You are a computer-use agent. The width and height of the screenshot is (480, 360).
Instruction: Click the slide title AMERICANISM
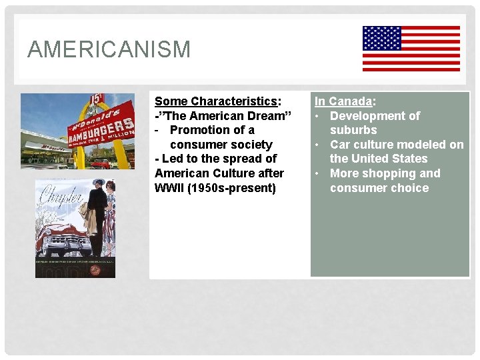click(109, 49)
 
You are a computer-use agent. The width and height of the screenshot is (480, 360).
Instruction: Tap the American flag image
click(411, 48)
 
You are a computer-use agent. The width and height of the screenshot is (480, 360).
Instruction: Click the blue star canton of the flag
click(382, 39)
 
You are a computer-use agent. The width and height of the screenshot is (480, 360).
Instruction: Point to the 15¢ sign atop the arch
click(96, 99)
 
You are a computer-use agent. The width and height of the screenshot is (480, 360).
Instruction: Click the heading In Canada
click(344, 101)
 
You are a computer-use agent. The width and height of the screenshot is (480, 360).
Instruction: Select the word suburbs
click(353, 130)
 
